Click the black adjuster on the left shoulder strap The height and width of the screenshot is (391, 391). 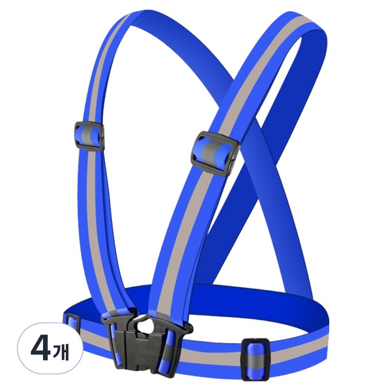click(x=90, y=136)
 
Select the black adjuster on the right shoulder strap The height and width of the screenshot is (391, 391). click(x=215, y=153)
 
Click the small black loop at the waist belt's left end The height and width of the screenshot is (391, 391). click(x=72, y=322)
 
